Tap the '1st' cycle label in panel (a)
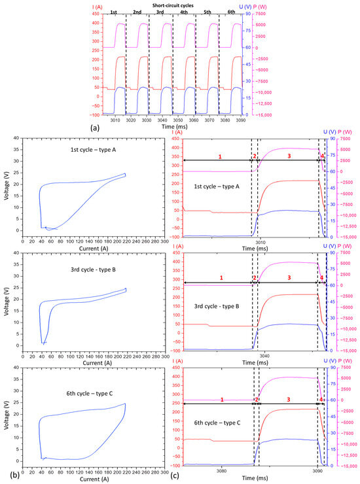click(x=114, y=13)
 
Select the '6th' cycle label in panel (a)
click(x=230, y=13)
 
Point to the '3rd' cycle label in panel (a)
click(x=160, y=13)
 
